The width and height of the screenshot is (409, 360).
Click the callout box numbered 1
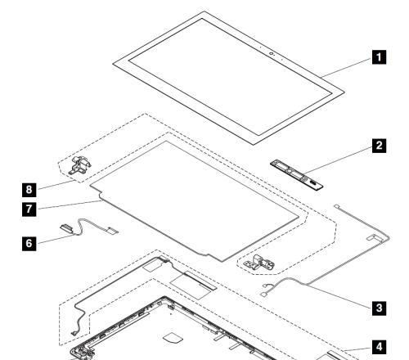tap(379, 57)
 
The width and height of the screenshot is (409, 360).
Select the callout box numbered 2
tap(379, 146)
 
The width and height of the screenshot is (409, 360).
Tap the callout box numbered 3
tap(379, 308)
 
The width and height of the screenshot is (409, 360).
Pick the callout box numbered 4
tap(379, 347)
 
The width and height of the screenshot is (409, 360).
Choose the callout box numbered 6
tap(29, 243)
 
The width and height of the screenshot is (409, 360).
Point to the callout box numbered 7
tap(29, 209)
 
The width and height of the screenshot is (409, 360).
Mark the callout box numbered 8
tap(29, 190)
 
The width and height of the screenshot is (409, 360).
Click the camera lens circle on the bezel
tap(271, 53)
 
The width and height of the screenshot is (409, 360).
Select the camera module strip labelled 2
tap(297, 175)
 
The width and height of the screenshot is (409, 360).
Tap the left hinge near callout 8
tap(80, 164)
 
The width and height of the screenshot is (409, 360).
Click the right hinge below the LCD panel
tap(259, 263)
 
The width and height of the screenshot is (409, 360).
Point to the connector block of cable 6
tap(66, 227)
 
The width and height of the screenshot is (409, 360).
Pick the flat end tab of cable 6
tap(113, 231)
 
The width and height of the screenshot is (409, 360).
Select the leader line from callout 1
tap(347, 67)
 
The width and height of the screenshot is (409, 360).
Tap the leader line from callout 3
tap(339, 296)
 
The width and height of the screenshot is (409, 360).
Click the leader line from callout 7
tap(69, 205)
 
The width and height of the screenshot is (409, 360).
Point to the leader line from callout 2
tap(338, 160)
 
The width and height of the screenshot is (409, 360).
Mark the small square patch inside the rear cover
tap(173, 339)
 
